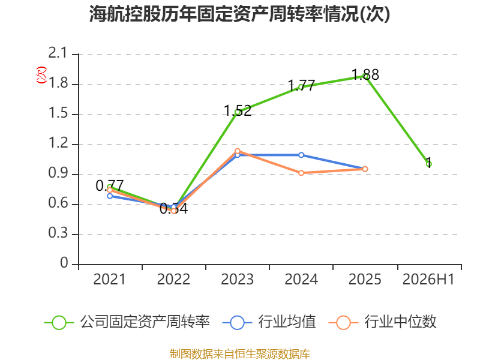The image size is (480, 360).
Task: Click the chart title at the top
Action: [x=239, y=14]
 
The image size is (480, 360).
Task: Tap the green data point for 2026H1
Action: [x=428, y=164]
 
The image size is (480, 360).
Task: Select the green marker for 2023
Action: [x=237, y=112]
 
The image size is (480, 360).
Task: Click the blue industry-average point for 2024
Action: [x=301, y=155]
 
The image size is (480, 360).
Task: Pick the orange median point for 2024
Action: [x=301, y=173]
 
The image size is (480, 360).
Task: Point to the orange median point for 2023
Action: [x=237, y=151]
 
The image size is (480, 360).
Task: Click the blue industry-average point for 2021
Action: [x=110, y=196]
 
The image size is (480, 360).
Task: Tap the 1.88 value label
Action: [x=365, y=74]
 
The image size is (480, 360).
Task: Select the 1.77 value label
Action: [x=301, y=85]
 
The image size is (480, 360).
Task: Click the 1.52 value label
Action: [x=238, y=110]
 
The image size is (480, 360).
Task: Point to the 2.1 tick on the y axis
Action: [x=58, y=53]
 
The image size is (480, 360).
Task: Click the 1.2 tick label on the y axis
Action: [x=58, y=143]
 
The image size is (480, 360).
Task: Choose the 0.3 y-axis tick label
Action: [x=58, y=233]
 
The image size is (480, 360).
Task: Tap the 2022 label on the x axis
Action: [x=173, y=279]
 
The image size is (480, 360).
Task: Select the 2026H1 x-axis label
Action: [x=428, y=279]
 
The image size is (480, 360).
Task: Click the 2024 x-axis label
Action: [x=301, y=279]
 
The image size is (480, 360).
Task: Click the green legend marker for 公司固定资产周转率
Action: [x=59, y=323]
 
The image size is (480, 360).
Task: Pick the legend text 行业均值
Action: [x=287, y=322]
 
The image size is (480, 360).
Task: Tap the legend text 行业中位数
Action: [x=400, y=322]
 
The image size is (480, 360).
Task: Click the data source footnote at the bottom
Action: [x=240, y=354]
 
